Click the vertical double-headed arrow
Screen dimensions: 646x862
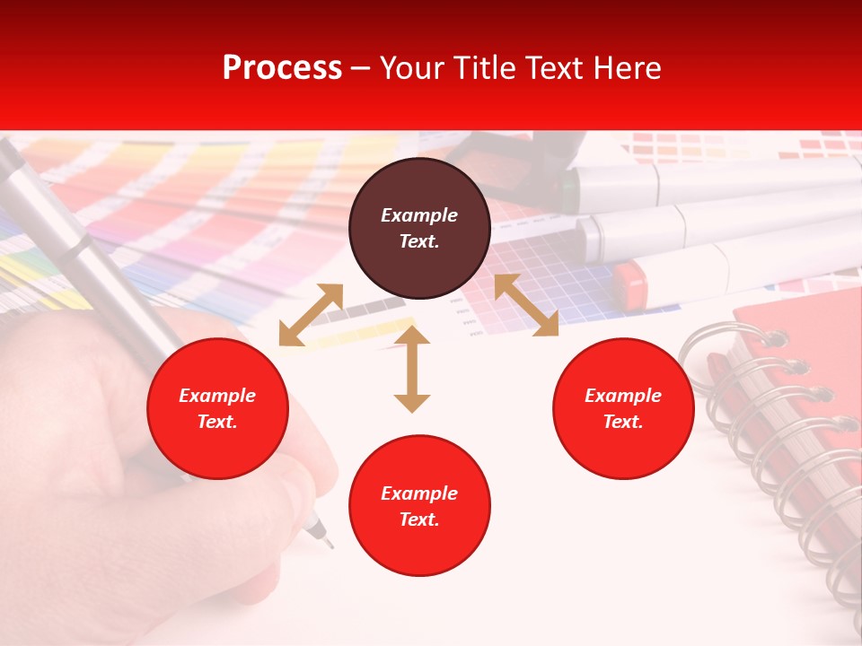[412, 369]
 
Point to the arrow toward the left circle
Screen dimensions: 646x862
[311, 315]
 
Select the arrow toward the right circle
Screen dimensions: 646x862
[526, 305]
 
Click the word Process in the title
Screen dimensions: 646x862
[282, 68]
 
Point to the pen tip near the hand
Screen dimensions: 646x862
[327, 543]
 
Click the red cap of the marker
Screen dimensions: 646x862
[630, 284]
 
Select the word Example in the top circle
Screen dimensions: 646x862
[419, 215]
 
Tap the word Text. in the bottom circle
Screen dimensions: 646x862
[419, 519]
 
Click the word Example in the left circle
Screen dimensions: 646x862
[217, 396]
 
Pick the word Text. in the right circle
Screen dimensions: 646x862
[623, 422]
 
